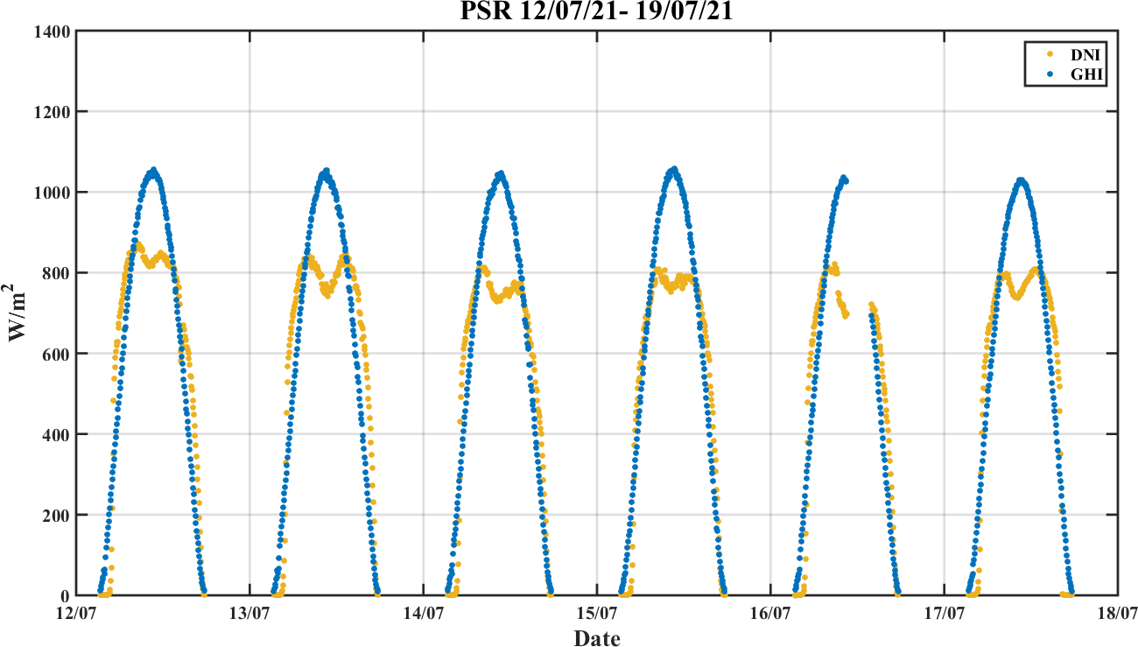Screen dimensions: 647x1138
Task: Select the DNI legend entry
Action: point(1078,54)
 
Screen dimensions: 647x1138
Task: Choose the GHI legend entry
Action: point(1078,75)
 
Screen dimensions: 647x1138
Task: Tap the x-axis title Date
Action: point(597,638)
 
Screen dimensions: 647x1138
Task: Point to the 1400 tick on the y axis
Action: point(52,32)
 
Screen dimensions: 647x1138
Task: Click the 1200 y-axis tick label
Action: point(52,112)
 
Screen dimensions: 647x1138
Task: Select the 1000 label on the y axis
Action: point(52,193)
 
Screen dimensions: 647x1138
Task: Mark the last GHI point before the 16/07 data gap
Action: point(846,181)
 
